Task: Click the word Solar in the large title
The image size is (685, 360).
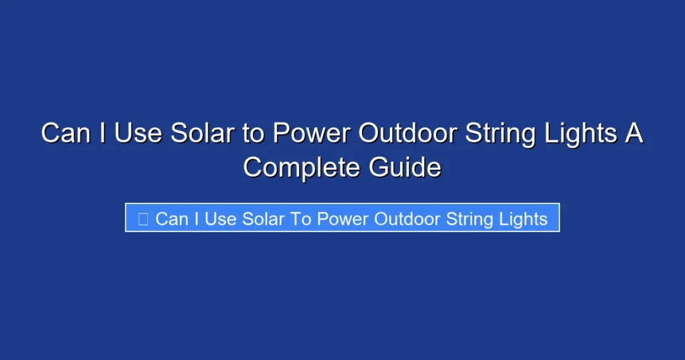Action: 203,134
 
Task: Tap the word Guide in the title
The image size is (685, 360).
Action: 405,167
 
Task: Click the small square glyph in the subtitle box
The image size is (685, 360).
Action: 142,219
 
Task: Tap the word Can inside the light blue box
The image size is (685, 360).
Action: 172,219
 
